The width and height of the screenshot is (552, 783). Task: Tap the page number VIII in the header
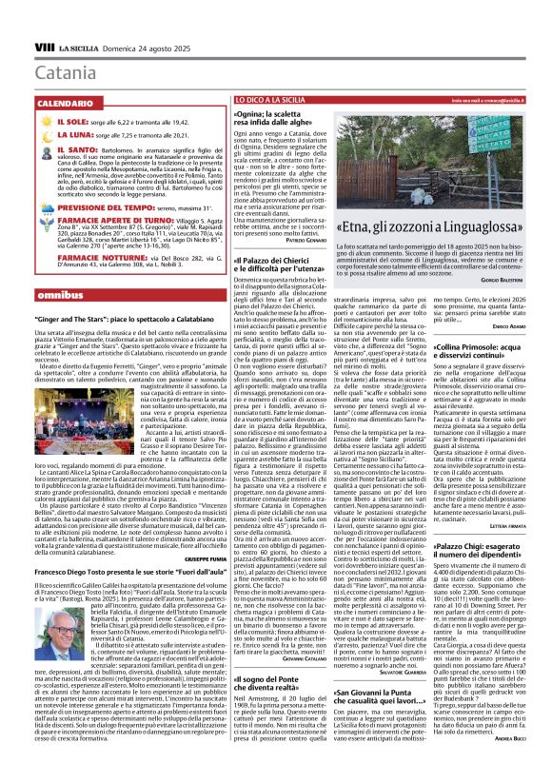[x=44, y=47]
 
